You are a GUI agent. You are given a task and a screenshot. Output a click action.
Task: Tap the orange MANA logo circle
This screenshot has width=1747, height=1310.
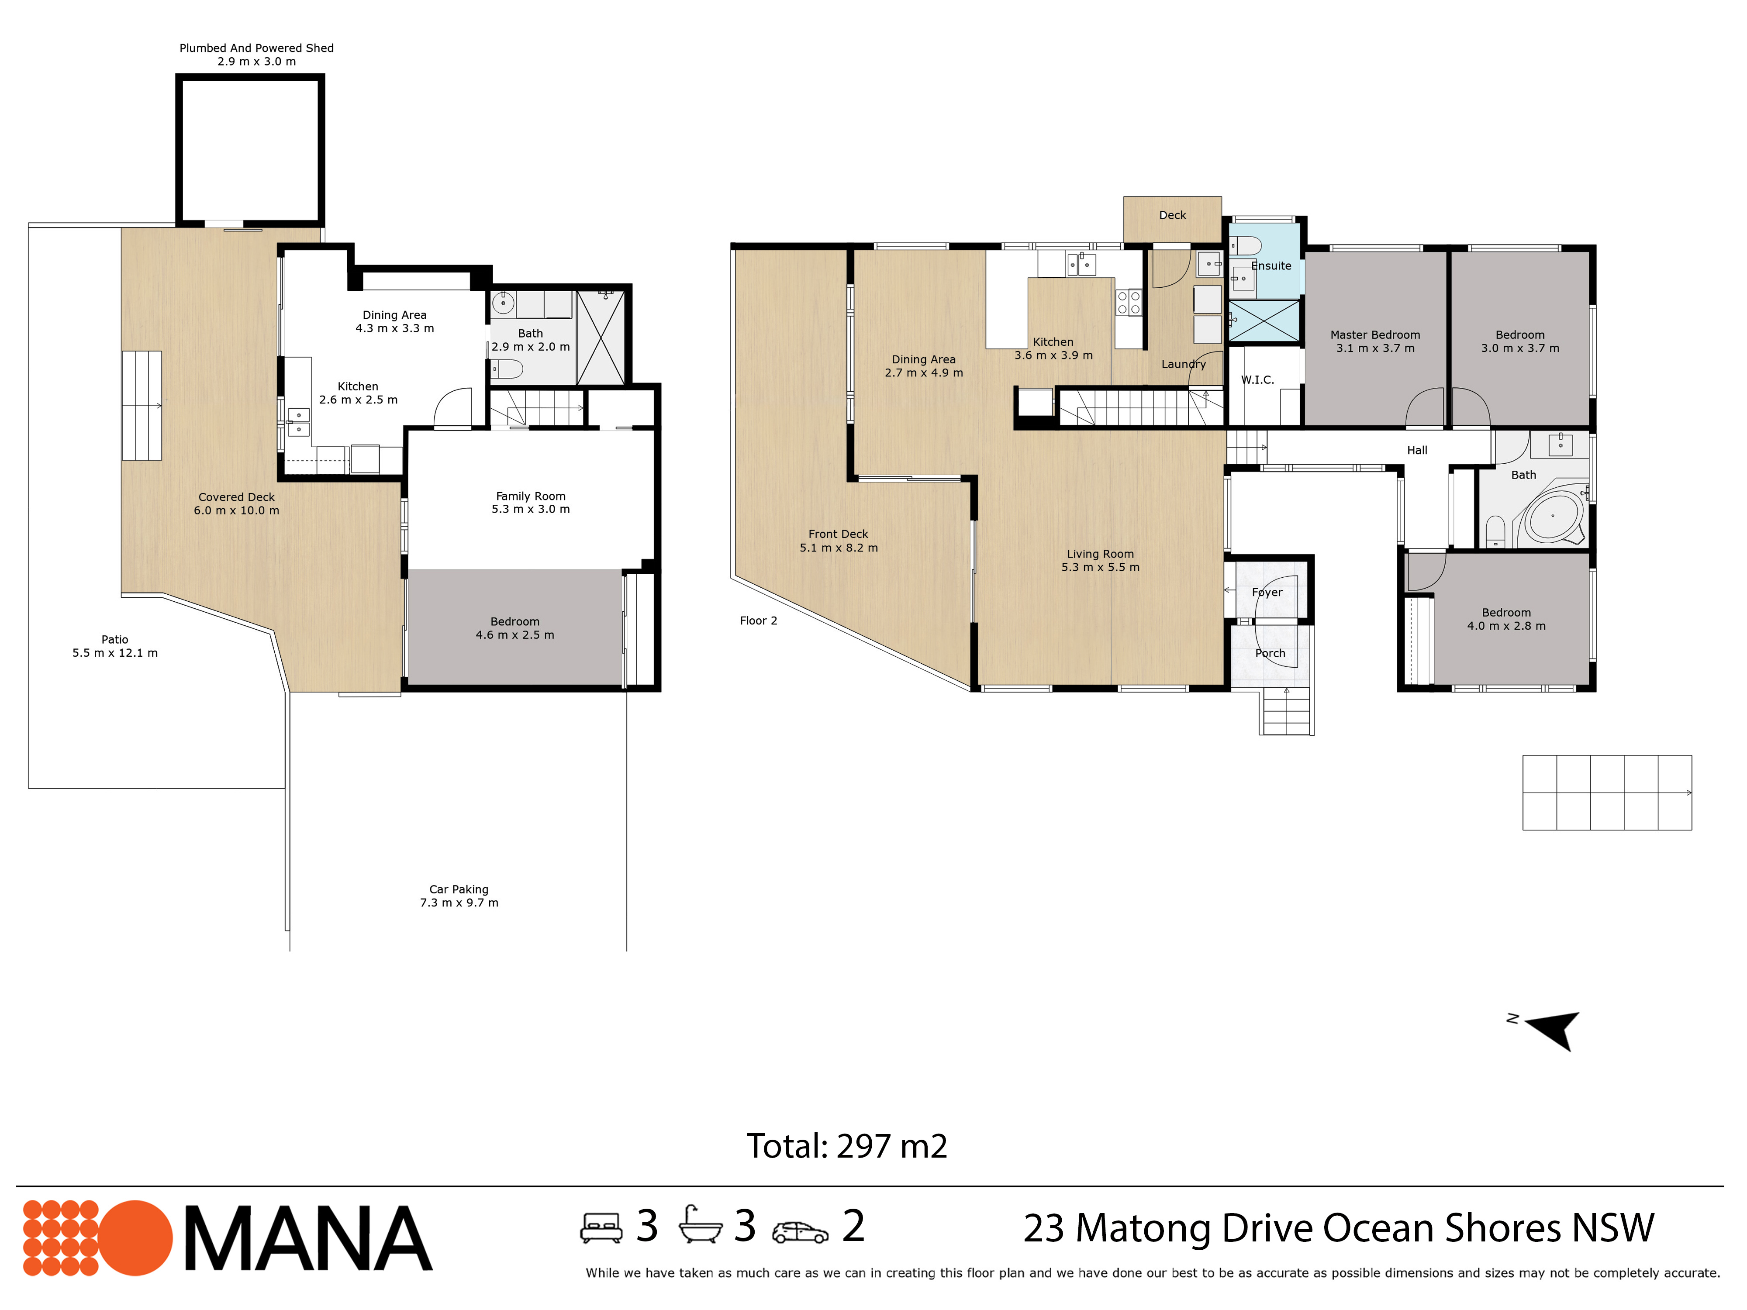point(136,1238)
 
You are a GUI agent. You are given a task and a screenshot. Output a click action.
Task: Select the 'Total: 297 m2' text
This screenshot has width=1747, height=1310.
point(847,1146)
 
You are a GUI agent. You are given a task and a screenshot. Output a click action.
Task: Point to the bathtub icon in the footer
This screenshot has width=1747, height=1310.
point(701,1225)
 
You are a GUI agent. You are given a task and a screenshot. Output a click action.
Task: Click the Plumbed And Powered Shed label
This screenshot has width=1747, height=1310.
point(257,48)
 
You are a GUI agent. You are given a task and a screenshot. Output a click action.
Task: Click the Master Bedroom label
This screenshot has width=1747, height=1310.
point(1375,335)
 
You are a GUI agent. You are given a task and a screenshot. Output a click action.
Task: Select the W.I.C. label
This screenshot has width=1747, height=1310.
point(1257,380)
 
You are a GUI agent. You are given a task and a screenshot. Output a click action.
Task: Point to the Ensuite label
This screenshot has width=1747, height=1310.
point(1271,266)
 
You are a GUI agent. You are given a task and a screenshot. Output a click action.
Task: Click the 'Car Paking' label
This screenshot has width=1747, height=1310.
point(459,889)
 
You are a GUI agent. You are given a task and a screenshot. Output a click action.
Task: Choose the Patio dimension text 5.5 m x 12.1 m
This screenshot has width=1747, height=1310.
point(115,653)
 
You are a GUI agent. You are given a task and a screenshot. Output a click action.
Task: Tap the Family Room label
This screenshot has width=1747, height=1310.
point(531,496)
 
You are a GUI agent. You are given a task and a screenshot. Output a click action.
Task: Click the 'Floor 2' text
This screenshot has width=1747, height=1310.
point(758,621)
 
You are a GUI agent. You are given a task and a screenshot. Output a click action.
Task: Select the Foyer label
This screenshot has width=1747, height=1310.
point(1267,592)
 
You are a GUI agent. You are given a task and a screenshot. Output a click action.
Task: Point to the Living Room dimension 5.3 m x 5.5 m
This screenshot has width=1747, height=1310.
point(1100,567)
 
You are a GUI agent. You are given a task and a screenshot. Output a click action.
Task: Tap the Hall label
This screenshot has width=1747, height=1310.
point(1417,450)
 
